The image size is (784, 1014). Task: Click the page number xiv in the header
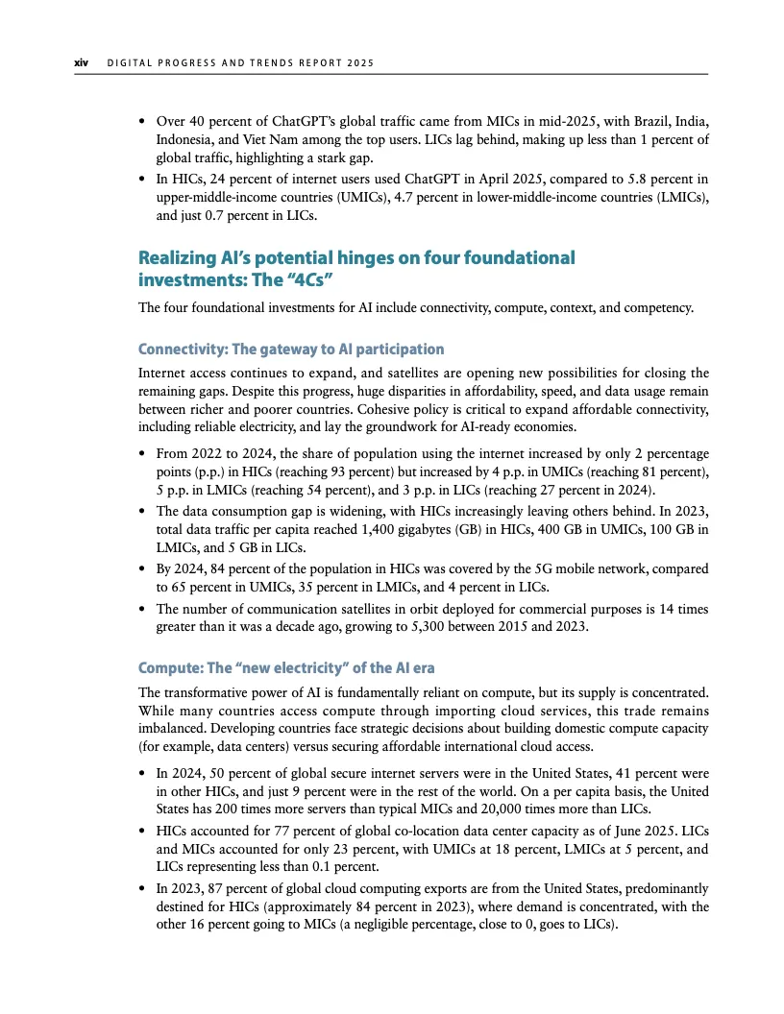coord(82,63)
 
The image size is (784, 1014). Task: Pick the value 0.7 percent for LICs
coord(220,216)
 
